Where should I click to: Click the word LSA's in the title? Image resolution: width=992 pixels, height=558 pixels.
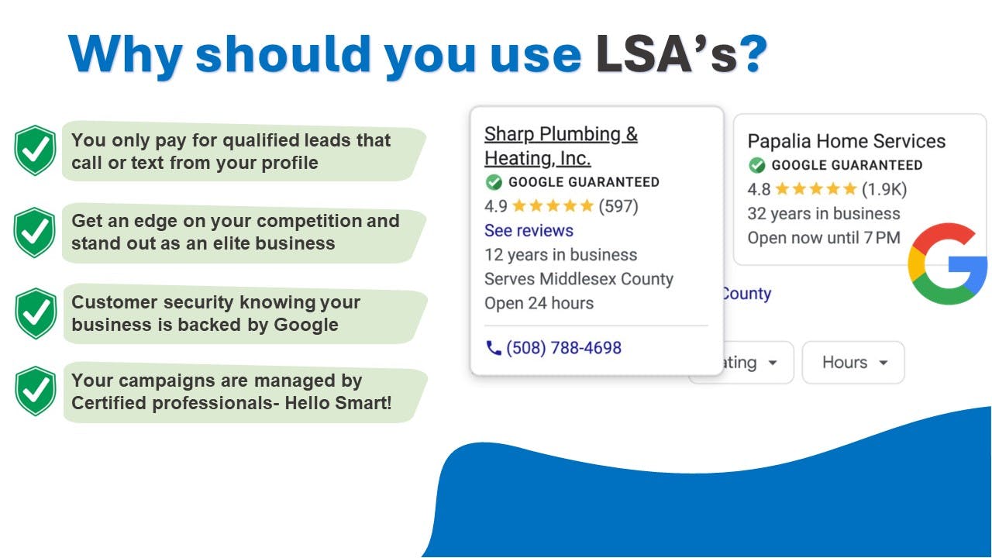pos(669,54)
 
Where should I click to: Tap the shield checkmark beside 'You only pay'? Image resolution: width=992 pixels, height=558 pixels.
pos(35,150)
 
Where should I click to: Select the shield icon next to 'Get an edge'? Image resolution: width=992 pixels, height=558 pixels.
pos(35,232)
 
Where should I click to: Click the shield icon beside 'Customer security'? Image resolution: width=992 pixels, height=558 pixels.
pos(36,314)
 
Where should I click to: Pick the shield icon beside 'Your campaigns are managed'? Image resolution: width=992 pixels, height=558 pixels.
pos(36,391)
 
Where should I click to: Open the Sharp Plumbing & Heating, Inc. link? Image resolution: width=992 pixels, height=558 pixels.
pos(560,146)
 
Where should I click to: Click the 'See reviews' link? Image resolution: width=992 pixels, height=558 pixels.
pos(529,231)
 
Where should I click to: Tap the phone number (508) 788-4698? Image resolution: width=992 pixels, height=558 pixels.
pos(563,348)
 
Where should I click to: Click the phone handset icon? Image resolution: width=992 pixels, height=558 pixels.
pos(494,348)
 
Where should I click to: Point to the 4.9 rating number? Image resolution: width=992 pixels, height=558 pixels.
pos(495,206)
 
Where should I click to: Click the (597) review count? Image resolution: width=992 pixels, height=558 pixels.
pos(618,206)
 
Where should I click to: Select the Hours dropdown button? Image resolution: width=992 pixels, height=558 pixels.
pos(853,363)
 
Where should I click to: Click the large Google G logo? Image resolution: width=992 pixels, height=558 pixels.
pos(947,264)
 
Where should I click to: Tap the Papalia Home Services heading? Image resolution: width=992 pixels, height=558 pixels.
pos(846,141)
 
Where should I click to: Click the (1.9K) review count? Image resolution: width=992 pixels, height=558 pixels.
pos(884,190)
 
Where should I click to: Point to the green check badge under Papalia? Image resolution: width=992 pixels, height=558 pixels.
pos(757,165)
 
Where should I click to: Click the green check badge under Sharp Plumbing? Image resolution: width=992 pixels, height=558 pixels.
pos(494,182)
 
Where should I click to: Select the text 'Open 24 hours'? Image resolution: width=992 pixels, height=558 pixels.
pos(539,303)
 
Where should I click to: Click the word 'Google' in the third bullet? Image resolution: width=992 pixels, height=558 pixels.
pos(306,325)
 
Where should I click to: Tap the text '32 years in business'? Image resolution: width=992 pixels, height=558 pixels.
pos(824,214)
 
